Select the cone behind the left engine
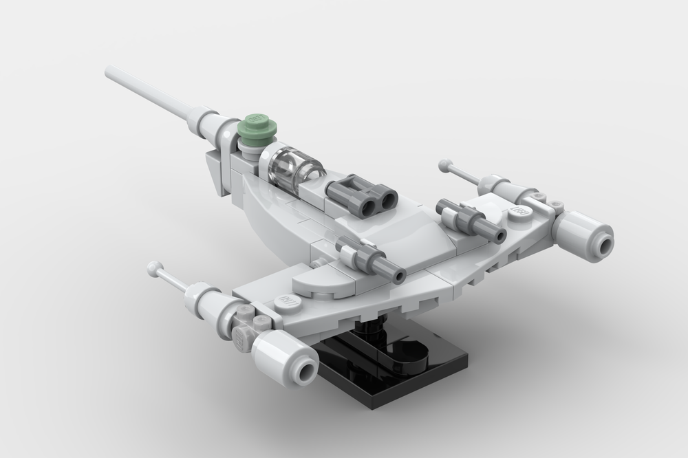click(206, 296)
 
